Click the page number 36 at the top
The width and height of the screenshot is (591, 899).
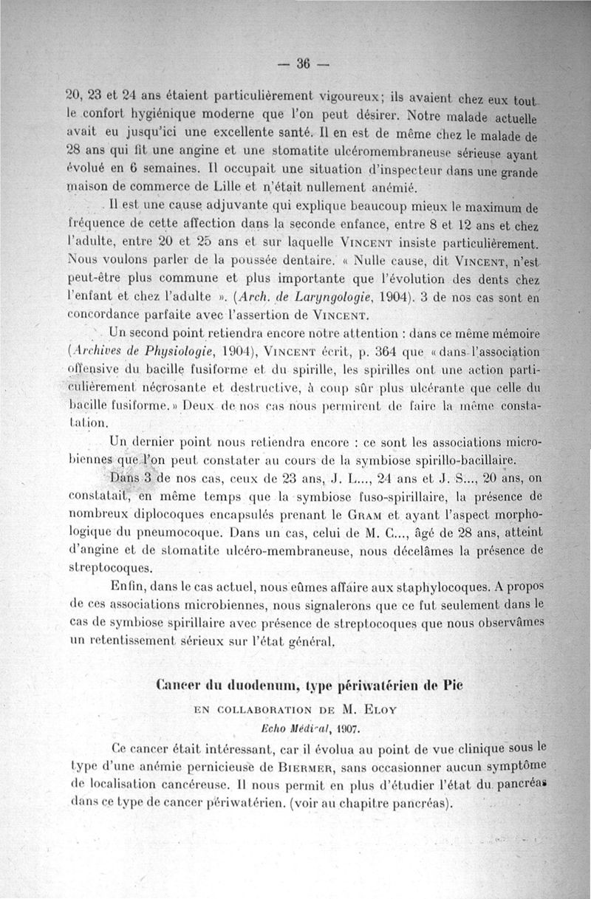pos(302,64)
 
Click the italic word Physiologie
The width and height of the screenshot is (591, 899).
pos(175,349)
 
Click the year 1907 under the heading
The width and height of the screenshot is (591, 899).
pos(344,729)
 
